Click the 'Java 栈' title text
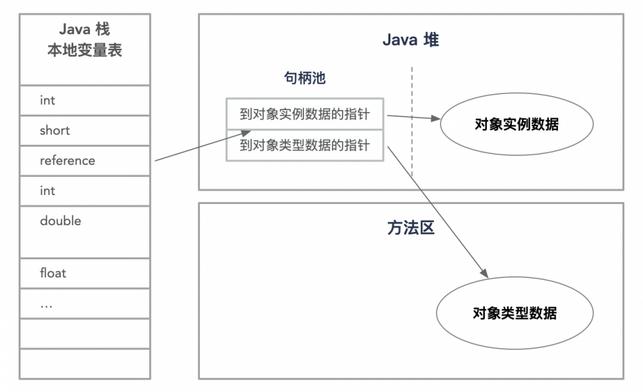point(84,30)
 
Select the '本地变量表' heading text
point(84,51)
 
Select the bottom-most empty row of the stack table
point(84,363)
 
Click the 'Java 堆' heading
point(410,40)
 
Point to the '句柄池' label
point(305,79)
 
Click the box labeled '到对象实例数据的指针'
point(304,114)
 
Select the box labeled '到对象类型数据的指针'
point(304,145)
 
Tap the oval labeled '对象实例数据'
point(516,124)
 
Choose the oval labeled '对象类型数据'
point(514,313)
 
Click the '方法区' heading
point(410,229)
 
